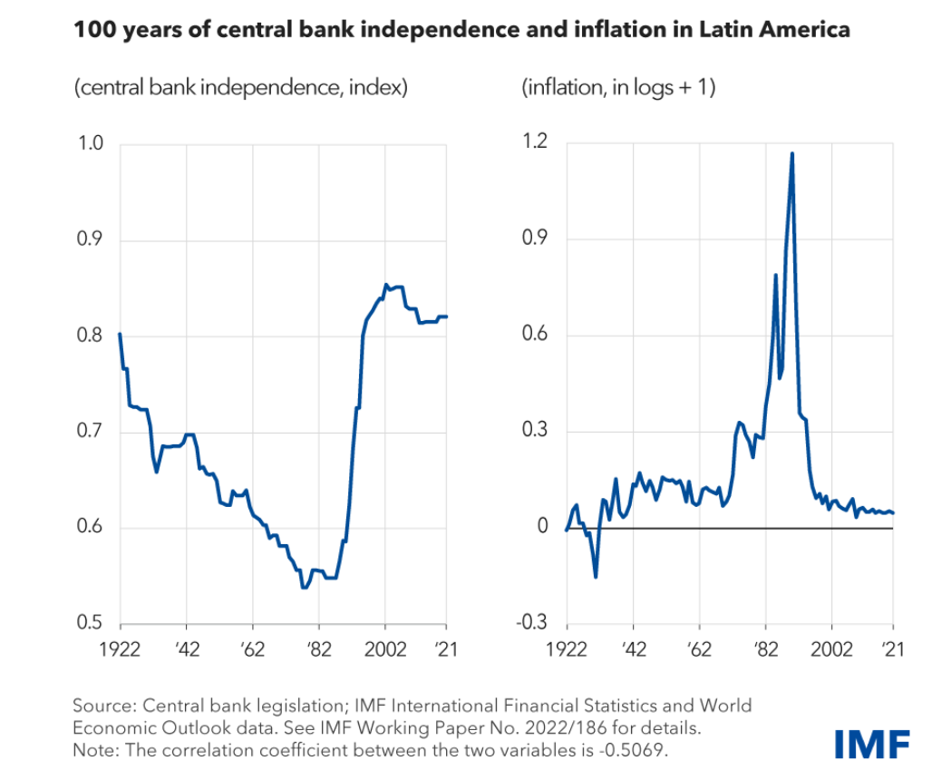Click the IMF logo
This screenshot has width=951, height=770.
(x=872, y=744)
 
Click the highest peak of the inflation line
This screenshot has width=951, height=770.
(x=792, y=153)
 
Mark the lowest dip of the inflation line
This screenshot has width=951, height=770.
(x=596, y=577)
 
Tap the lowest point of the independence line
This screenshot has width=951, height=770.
(x=305, y=588)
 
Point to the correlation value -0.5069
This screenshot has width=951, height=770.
(x=639, y=751)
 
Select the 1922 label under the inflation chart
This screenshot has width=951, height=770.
(x=567, y=649)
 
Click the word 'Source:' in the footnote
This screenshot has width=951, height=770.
(x=102, y=706)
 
